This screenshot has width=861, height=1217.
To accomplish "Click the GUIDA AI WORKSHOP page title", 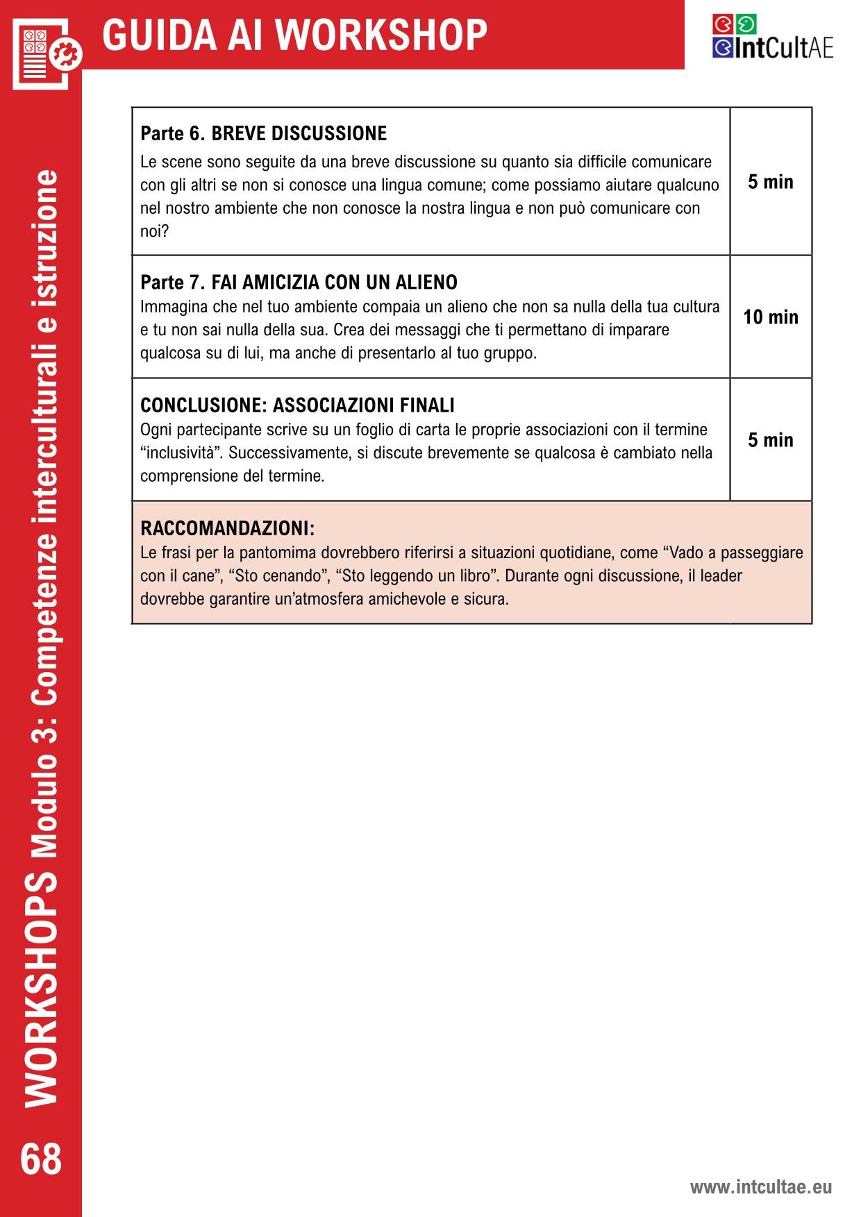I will point(294,35).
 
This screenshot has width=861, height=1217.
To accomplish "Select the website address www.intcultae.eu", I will point(760,1186).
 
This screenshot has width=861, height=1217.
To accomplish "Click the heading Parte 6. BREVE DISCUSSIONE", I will point(263,133).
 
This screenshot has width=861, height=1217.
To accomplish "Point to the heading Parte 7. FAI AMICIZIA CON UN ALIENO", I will point(299,283).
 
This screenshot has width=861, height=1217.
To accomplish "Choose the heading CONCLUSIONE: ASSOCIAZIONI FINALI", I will point(297,405).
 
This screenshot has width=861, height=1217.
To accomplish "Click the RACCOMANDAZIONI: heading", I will point(227,528).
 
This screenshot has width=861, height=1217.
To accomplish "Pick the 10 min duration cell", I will point(771,317).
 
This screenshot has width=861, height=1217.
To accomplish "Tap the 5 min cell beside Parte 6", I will point(771,182).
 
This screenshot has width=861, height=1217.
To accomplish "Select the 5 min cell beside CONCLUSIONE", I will point(771,440).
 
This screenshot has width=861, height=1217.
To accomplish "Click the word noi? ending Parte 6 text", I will point(154,231).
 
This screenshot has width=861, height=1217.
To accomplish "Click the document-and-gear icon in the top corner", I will point(46,51).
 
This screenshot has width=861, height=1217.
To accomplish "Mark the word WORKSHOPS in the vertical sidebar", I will point(41,987).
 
